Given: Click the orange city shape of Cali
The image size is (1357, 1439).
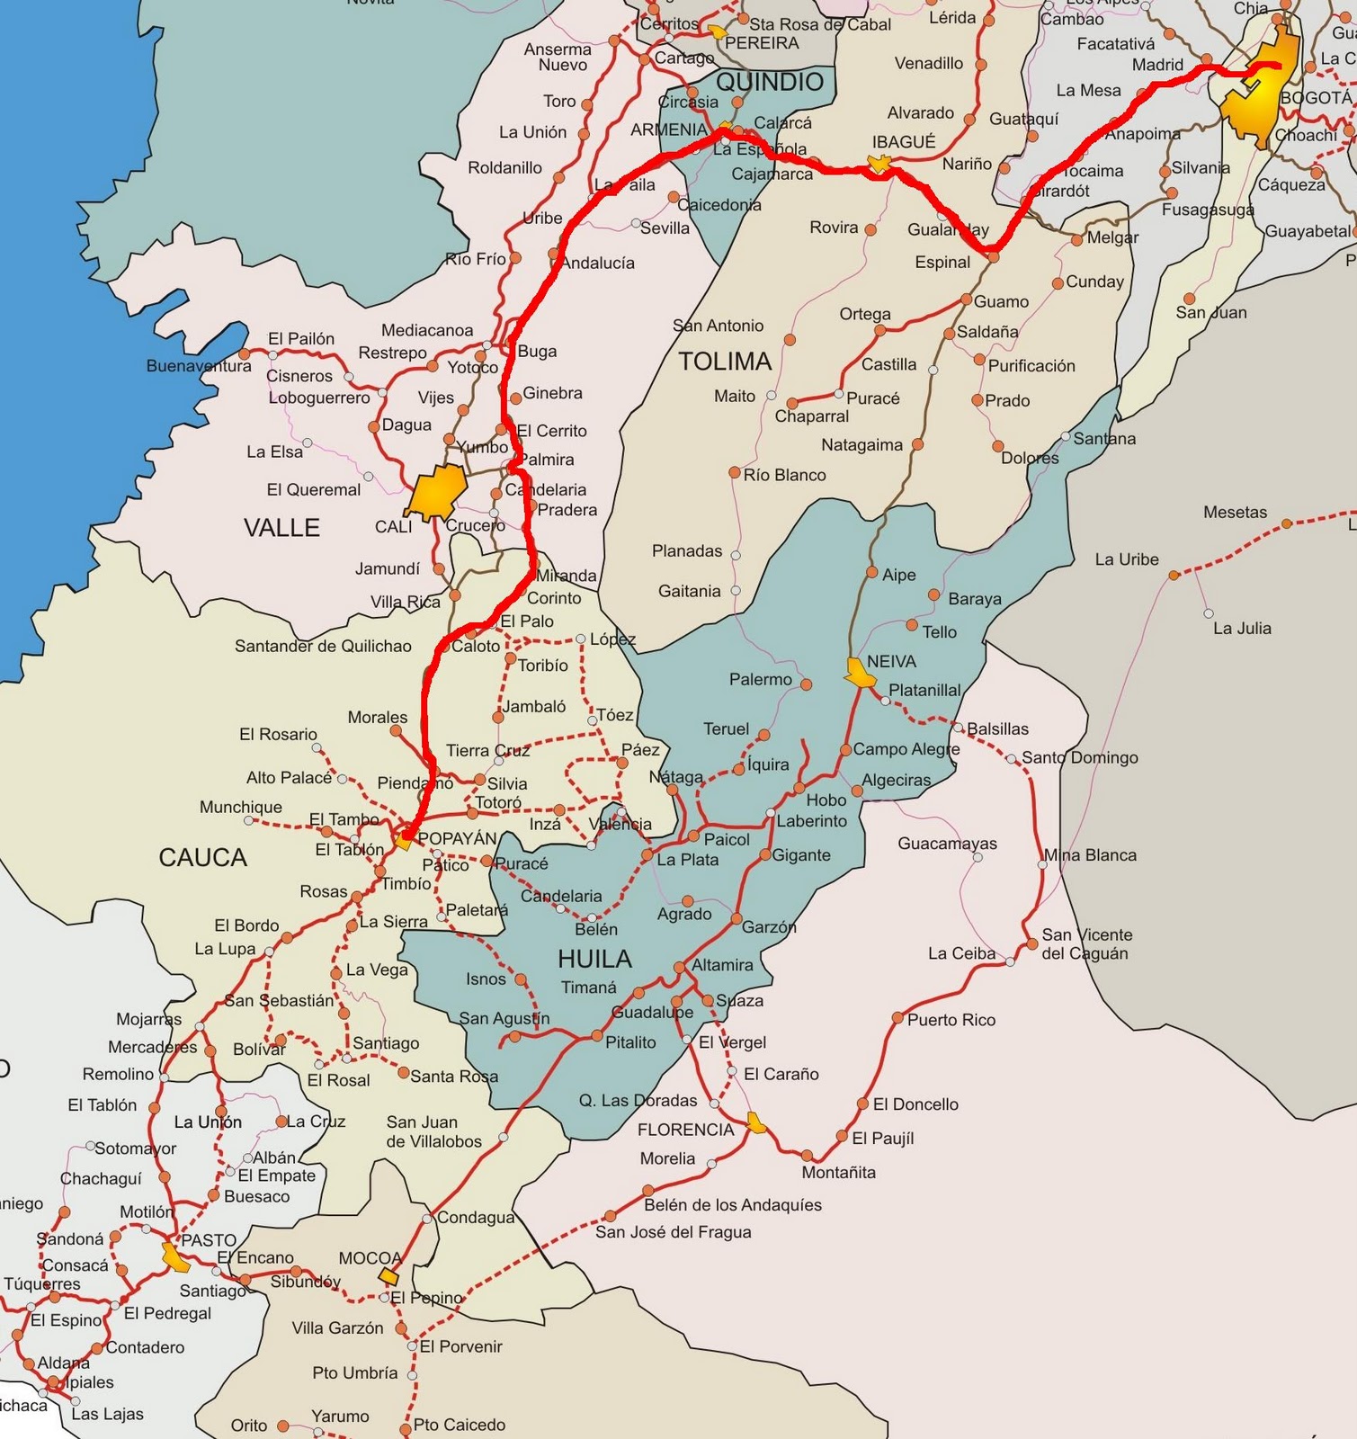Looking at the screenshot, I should click(437, 492).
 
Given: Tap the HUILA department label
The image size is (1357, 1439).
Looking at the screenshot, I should click(594, 959).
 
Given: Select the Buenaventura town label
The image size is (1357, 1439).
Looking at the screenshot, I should click(199, 366).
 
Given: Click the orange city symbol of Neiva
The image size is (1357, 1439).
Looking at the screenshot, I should click(859, 673).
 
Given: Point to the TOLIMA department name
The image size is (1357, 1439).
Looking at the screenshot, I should click(725, 362).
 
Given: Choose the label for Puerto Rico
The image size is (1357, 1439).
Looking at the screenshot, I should click(951, 1020).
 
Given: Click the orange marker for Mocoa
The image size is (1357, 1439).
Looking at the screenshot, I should click(388, 1276).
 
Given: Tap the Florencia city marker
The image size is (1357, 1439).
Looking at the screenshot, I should click(757, 1122).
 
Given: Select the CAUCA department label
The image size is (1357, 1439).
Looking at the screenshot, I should click(202, 858).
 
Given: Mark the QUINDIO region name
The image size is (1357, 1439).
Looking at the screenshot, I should click(770, 82).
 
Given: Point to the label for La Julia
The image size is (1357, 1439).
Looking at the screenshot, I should click(1242, 629).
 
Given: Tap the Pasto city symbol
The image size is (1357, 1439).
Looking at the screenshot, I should click(175, 1256).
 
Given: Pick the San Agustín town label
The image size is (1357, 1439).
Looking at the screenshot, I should click(504, 1018).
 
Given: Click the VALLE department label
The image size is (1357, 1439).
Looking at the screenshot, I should click(281, 528).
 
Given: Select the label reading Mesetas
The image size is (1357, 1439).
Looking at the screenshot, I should click(1235, 513).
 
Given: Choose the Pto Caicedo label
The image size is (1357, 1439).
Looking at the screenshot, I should click(459, 1425).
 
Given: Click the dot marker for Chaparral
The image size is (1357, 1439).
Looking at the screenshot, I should click(792, 403).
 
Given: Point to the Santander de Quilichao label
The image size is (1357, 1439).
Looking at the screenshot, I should click(323, 646).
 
